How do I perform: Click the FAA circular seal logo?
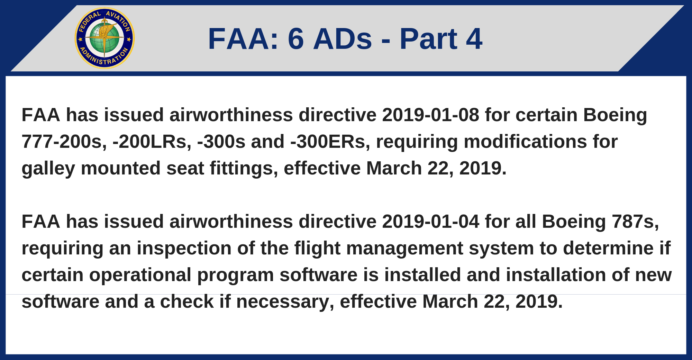(104, 38)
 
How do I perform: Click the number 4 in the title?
(474, 39)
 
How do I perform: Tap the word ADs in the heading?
(343, 39)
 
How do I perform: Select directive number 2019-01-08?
(431, 115)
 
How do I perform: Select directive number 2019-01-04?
(431, 222)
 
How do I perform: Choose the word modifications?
(525, 142)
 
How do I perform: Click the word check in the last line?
(187, 301)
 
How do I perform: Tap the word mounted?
(121, 169)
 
